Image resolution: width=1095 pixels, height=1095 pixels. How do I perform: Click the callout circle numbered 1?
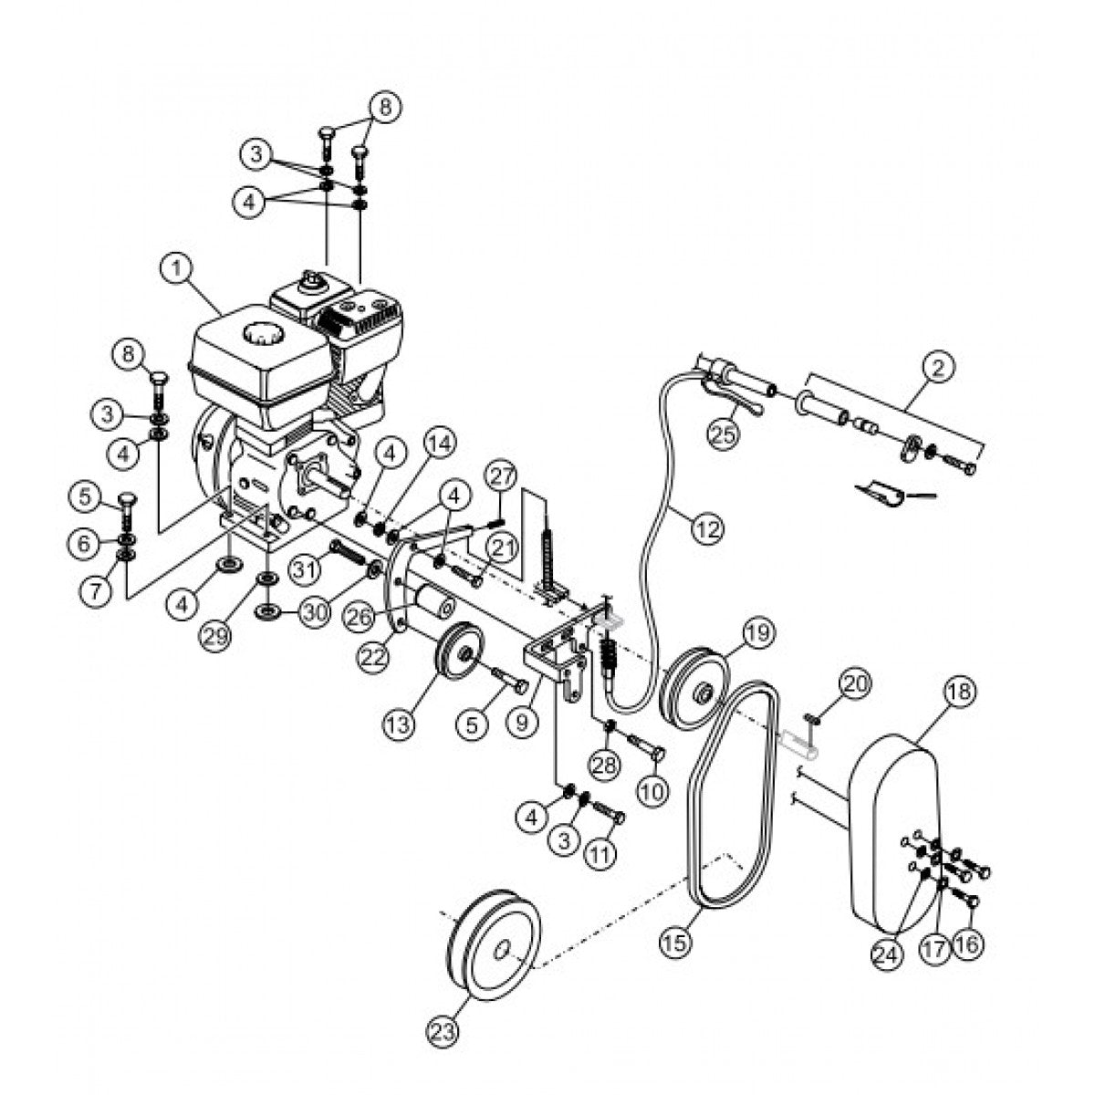click(x=177, y=269)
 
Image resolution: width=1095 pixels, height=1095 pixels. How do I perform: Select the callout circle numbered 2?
click(x=940, y=369)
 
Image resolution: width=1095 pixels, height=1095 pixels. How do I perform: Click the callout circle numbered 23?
click(x=443, y=1033)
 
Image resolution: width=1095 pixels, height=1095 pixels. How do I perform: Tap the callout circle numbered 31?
click(x=309, y=569)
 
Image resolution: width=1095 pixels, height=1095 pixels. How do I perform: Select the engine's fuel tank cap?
click(x=266, y=336)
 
